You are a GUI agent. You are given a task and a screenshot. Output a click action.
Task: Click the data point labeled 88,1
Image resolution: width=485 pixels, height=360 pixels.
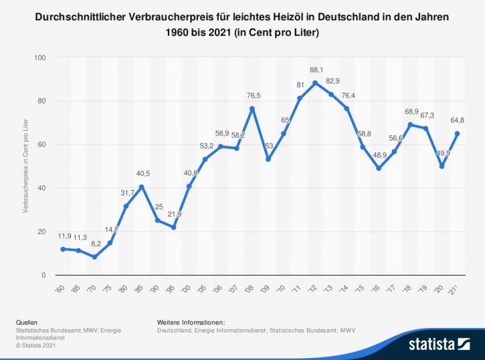315,83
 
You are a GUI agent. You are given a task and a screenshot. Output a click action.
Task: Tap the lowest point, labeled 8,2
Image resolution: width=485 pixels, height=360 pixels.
94,257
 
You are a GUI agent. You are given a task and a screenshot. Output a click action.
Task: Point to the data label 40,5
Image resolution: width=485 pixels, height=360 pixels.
142,173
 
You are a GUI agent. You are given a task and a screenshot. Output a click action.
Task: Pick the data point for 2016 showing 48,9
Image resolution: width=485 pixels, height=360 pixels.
378,169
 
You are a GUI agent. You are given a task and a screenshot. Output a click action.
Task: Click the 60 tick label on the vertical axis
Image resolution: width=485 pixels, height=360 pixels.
42,144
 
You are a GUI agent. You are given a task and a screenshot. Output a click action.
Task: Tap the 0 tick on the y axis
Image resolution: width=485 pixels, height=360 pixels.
44,275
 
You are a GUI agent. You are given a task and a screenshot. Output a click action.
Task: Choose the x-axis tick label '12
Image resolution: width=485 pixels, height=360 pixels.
315,289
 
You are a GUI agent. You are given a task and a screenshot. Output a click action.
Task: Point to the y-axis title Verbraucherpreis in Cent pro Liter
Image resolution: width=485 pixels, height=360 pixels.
26,166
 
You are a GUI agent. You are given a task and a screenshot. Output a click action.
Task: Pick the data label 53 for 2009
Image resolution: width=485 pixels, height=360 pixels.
269,146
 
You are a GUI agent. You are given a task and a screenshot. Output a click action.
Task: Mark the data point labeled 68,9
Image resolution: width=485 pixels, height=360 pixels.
410,124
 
